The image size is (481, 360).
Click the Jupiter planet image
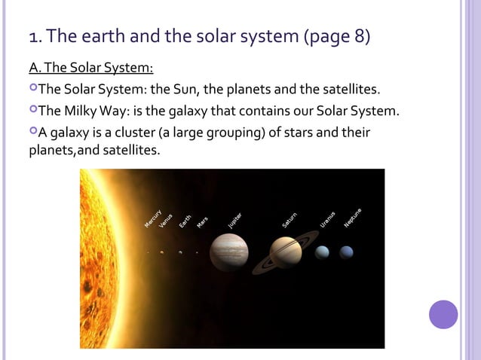tap(229, 252)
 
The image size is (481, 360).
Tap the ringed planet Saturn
tap(286, 252)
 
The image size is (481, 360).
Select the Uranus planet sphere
tap(323, 252)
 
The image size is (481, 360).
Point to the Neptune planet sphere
tap(347, 252)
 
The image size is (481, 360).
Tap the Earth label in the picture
tap(185, 220)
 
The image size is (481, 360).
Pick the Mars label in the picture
tap(202, 222)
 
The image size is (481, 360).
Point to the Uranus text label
tap(327, 218)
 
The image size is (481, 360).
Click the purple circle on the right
tap(443, 314)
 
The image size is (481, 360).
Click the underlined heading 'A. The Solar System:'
tap(91, 69)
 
